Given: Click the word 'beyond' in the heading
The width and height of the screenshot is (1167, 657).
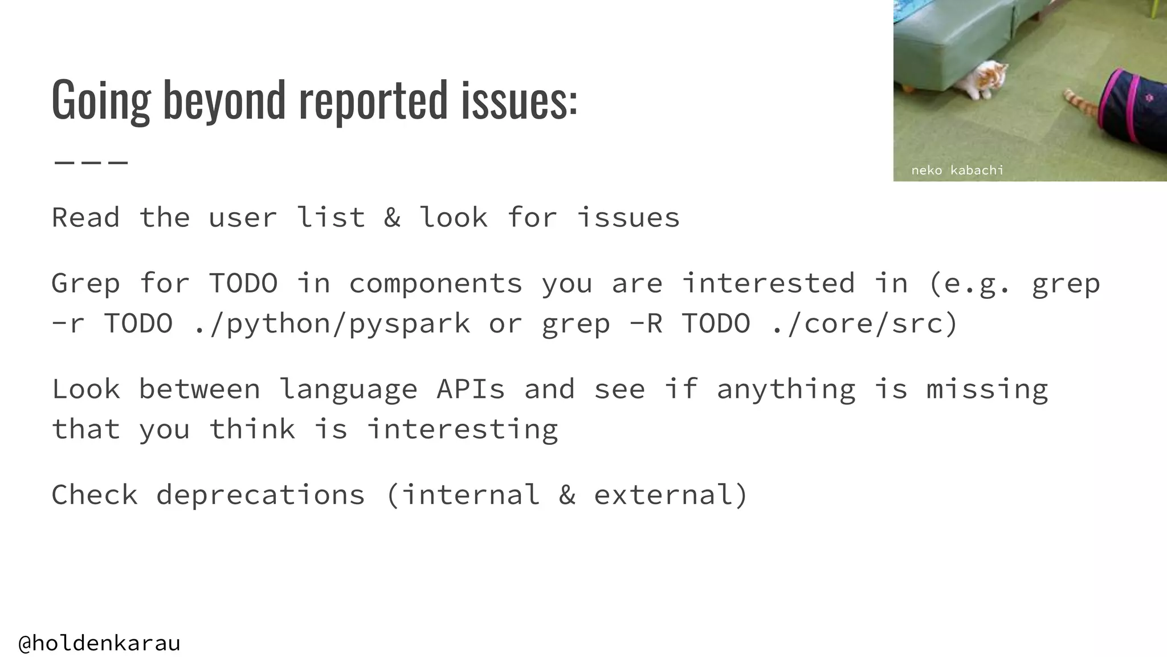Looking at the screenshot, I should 224,100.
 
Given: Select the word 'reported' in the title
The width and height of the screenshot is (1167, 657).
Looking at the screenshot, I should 373,100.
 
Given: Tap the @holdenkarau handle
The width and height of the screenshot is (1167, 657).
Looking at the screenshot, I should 99,643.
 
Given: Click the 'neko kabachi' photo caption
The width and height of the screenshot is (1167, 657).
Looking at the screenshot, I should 957,170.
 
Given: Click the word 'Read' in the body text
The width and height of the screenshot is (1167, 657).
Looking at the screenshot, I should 85,218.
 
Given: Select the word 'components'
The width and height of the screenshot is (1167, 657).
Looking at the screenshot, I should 435,283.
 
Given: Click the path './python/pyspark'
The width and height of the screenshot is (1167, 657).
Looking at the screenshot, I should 332,324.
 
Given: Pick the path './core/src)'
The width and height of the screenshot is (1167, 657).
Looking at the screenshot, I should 864,324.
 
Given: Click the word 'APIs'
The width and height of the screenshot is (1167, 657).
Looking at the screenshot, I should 471,390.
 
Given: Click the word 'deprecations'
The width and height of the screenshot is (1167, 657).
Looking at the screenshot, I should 260,495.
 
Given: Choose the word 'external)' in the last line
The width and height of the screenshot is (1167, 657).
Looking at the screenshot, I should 671,495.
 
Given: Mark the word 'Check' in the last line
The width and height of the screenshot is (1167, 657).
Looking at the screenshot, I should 95,495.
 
